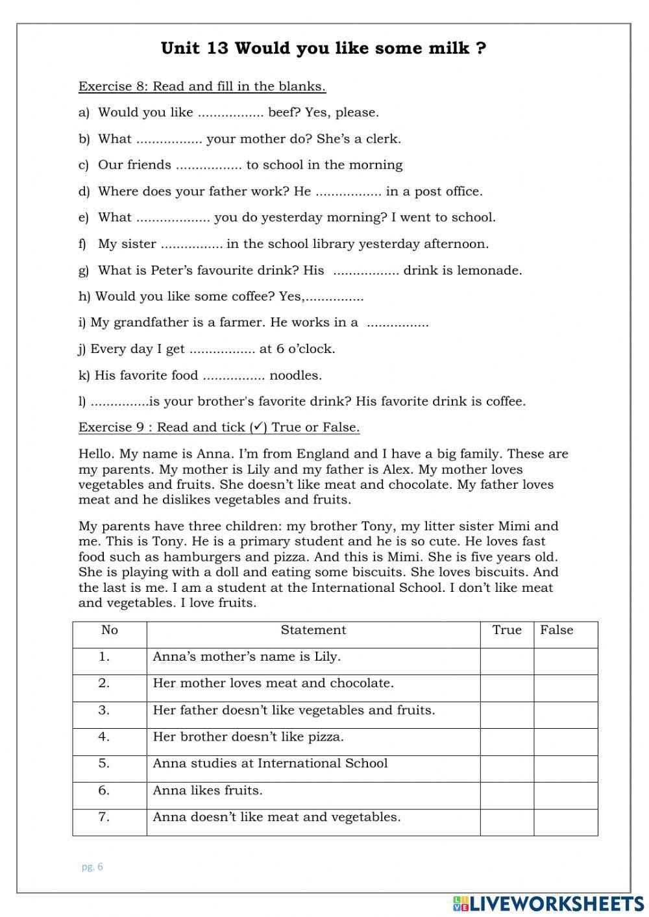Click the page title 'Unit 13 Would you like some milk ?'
[x=323, y=49]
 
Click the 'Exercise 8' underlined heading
[x=202, y=86]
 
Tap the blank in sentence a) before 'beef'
[x=230, y=113]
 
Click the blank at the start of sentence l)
[x=119, y=402]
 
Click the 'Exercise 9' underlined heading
[x=219, y=428]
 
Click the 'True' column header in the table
[x=507, y=630]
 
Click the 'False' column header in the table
[x=557, y=630]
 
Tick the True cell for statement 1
[x=507, y=661]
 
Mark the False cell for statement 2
[x=565, y=688]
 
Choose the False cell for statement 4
[x=565, y=742]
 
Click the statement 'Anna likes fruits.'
[x=208, y=790]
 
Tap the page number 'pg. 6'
[x=92, y=867]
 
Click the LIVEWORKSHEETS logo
[x=548, y=904]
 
